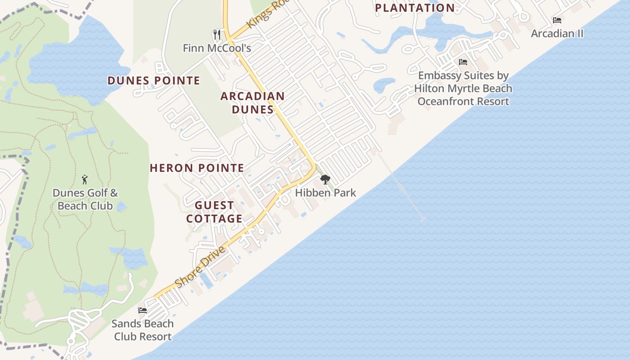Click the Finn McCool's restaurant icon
click(x=217, y=34)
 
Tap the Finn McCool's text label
click(x=216, y=48)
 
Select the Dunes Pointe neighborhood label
click(x=153, y=81)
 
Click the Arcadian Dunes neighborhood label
click(x=252, y=103)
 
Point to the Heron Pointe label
click(x=197, y=168)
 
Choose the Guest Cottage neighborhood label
click(x=214, y=212)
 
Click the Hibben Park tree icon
click(x=325, y=180)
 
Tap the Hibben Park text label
click(x=325, y=193)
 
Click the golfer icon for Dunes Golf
click(x=85, y=180)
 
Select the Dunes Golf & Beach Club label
click(x=85, y=199)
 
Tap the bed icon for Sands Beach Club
click(x=143, y=310)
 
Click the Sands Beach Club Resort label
click(x=143, y=330)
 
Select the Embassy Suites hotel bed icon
click(x=463, y=62)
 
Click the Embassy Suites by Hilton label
click(x=463, y=88)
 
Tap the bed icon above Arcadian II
click(x=557, y=20)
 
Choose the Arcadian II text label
click(x=557, y=33)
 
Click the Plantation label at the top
click(x=414, y=8)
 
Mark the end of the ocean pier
click(x=423, y=219)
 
